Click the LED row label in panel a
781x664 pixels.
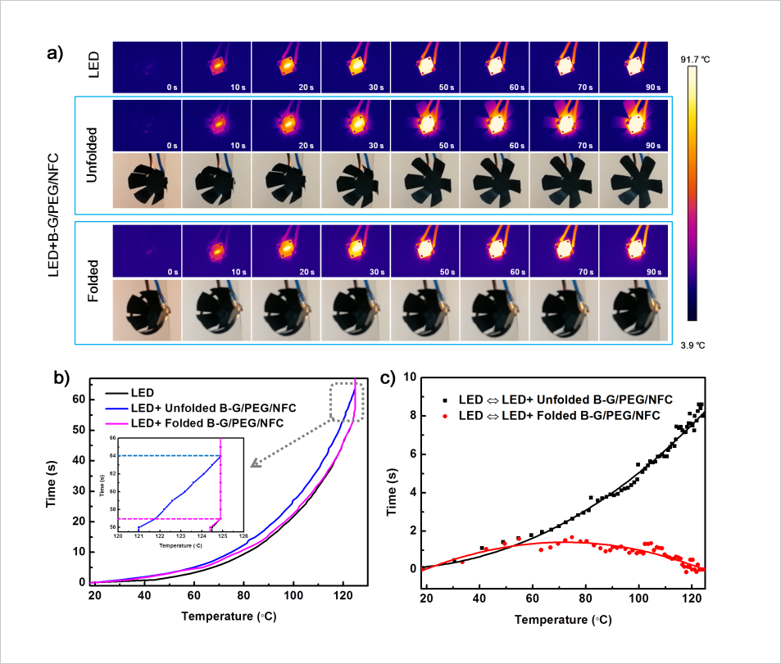(93, 65)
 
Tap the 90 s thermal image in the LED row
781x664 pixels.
(633, 67)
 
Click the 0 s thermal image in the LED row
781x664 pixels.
(146, 67)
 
